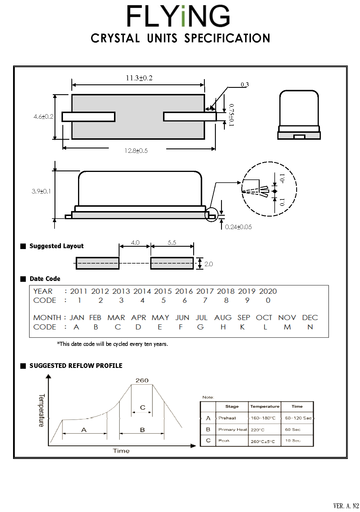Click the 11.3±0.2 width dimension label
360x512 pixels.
pos(139,78)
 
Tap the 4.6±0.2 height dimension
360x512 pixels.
pos(43,117)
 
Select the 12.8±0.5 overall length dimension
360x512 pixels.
pos(136,151)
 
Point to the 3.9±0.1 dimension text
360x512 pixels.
pos(41,191)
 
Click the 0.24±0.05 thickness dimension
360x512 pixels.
pos(238,227)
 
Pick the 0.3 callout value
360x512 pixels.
pos(245,85)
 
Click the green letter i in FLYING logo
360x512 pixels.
pos(183,17)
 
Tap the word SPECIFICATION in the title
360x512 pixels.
pos(227,38)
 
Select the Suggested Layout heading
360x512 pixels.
pos(56,246)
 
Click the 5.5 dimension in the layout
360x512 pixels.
pos(172,242)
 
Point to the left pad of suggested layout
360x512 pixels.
pos(97,263)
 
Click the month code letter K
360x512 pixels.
pos(242,327)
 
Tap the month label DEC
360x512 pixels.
pos(310,318)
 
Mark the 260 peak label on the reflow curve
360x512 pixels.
pos(142,380)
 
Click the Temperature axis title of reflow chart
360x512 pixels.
pos(41,410)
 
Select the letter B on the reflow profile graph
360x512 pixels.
pos(142,430)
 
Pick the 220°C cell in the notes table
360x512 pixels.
pos(258,430)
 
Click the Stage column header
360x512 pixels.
pos(232,406)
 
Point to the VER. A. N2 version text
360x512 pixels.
pos(346,506)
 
